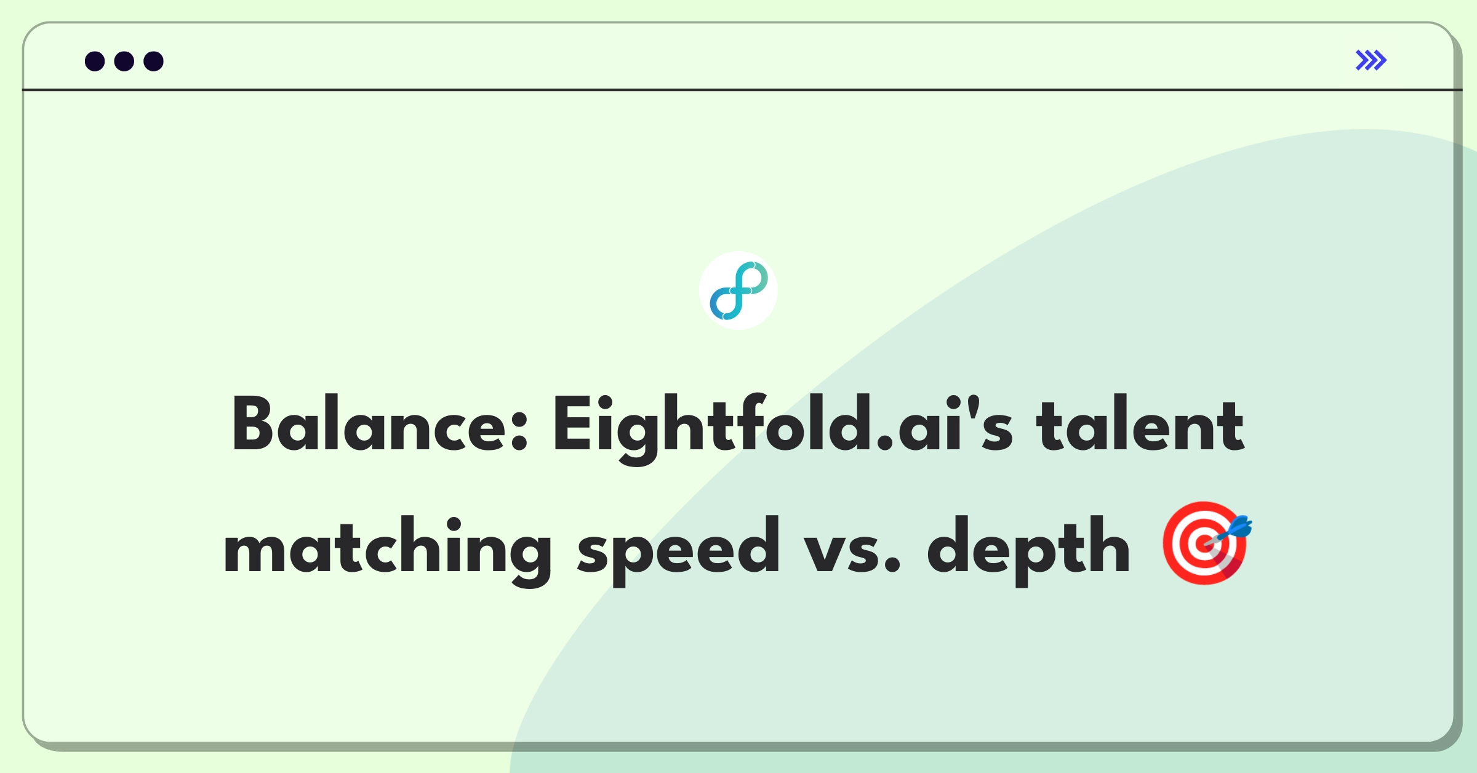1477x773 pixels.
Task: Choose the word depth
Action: pos(1028,550)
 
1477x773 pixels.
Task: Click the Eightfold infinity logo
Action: pos(738,290)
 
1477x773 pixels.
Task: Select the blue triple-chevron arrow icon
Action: pos(1371,60)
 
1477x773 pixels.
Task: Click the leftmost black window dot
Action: pos(95,61)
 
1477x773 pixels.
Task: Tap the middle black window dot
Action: pos(124,61)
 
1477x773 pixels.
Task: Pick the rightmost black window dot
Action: pos(153,61)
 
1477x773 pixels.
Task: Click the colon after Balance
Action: pos(520,430)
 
